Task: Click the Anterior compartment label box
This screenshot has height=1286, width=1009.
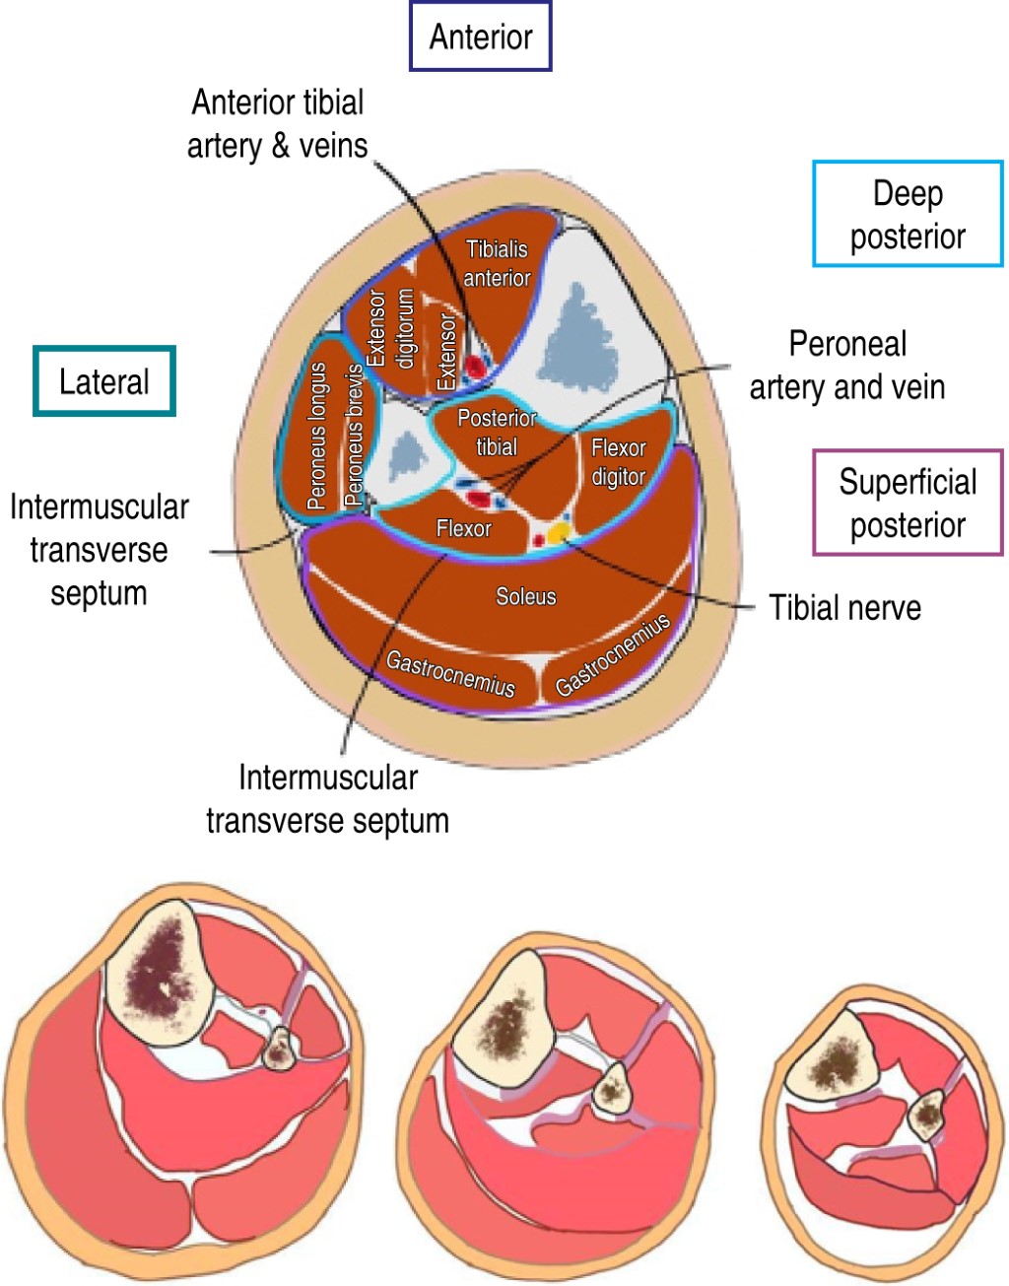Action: pyautogui.click(x=481, y=36)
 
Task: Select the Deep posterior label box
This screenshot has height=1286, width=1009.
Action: pyautogui.click(x=908, y=214)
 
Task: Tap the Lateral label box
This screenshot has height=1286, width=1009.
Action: pyautogui.click(x=104, y=381)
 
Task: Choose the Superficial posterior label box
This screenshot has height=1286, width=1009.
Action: pyautogui.click(x=908, y=503)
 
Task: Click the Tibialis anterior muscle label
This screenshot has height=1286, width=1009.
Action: pyautogui.click(x=497, y=263)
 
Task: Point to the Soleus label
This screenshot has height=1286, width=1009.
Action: pyautogui.click(x=525, y=596)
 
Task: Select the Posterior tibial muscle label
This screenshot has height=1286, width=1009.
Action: pyautogui.click(x=497, y=432)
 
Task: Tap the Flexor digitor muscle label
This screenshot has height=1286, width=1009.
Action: pyautogui.click(x=618, y=461)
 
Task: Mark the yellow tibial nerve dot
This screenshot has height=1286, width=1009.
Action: pyautogui.click(x=559, y=532)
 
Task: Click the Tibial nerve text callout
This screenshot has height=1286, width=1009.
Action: pyautogui.click(x=844, y=607)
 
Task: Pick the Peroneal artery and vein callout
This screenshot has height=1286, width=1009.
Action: pyautogui.click(x=846, y=366)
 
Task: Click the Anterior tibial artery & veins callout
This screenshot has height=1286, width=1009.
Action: pyautogui.click(x=278, y=123)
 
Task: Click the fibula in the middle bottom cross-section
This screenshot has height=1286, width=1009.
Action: pyautogui.click(x=612, y=1089)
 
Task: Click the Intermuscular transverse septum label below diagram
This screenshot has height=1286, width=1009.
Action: pyautogui.click(x=327, y=798)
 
